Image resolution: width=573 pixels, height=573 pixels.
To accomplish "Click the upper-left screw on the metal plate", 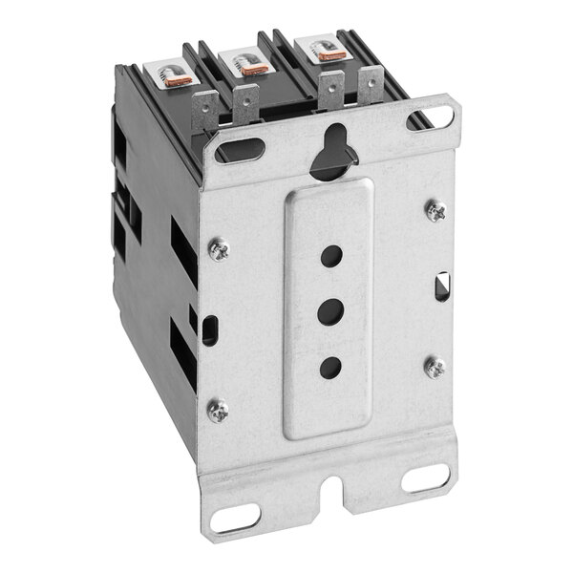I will point(219,248).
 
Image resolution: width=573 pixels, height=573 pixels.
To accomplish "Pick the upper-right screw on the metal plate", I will point(435,211).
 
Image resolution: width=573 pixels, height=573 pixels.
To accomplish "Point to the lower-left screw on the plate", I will point(217,410).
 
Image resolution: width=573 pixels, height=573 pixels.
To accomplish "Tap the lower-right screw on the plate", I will point(435,366).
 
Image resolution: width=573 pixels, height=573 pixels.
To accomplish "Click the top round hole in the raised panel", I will point(330,255).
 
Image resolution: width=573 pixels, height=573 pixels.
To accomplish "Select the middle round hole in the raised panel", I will point(330,310).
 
